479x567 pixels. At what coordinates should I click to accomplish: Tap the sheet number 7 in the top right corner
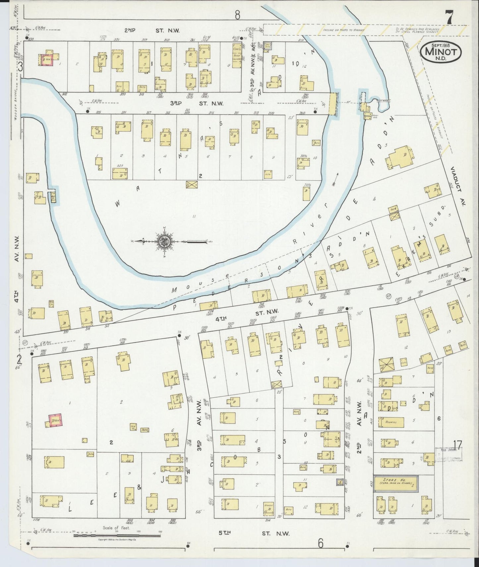tap(449, 19)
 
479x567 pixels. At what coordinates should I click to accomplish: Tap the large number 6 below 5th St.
tap(320, 544)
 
